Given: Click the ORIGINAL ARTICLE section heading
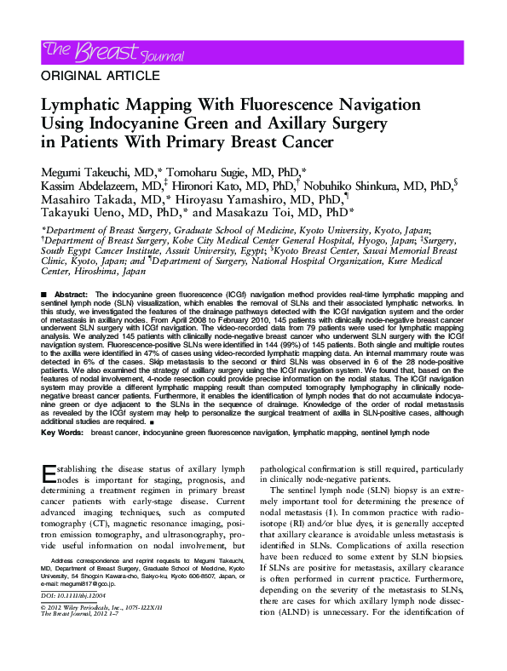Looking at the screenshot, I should (92, 76).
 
